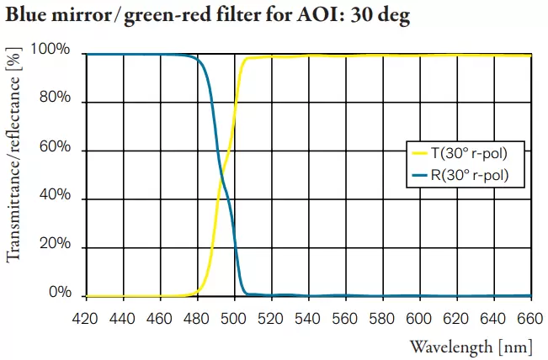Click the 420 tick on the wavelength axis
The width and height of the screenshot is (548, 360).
(x=87, y=319)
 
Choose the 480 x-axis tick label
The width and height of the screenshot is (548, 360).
(x=198, y=319)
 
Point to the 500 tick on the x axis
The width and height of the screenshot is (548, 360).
(x=235, y=319)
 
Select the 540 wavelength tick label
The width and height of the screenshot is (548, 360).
(x=309, y=319)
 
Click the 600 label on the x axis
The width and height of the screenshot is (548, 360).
(x=420, y=319)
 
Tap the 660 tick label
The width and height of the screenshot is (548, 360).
(x=531, y=319)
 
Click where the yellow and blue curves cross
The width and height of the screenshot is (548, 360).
(x=221, y=175)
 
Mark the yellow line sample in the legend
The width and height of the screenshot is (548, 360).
(x=418, y=153)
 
